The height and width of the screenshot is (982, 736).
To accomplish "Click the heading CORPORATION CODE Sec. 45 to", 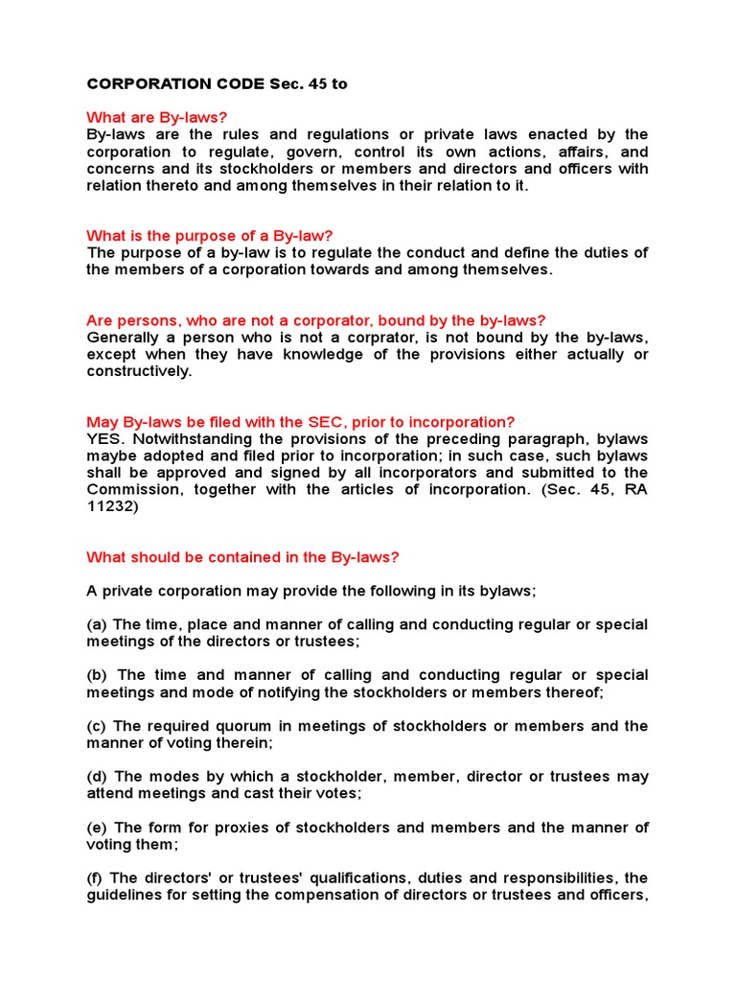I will (217, 84).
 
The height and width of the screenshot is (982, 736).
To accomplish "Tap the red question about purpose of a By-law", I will (209, 236).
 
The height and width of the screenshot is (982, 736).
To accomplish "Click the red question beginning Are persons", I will (315, 320).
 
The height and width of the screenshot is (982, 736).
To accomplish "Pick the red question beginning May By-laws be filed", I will (300, 422).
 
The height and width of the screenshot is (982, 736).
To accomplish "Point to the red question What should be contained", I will (242, 557).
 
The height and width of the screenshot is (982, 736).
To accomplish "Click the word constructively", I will (139, 371).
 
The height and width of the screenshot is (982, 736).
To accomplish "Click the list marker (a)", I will (97, 624).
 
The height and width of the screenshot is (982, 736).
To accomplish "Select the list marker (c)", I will (97, 726).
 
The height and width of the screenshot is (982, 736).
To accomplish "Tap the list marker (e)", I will (97, 828).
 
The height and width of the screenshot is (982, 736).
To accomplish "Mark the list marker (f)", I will (96, 878).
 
